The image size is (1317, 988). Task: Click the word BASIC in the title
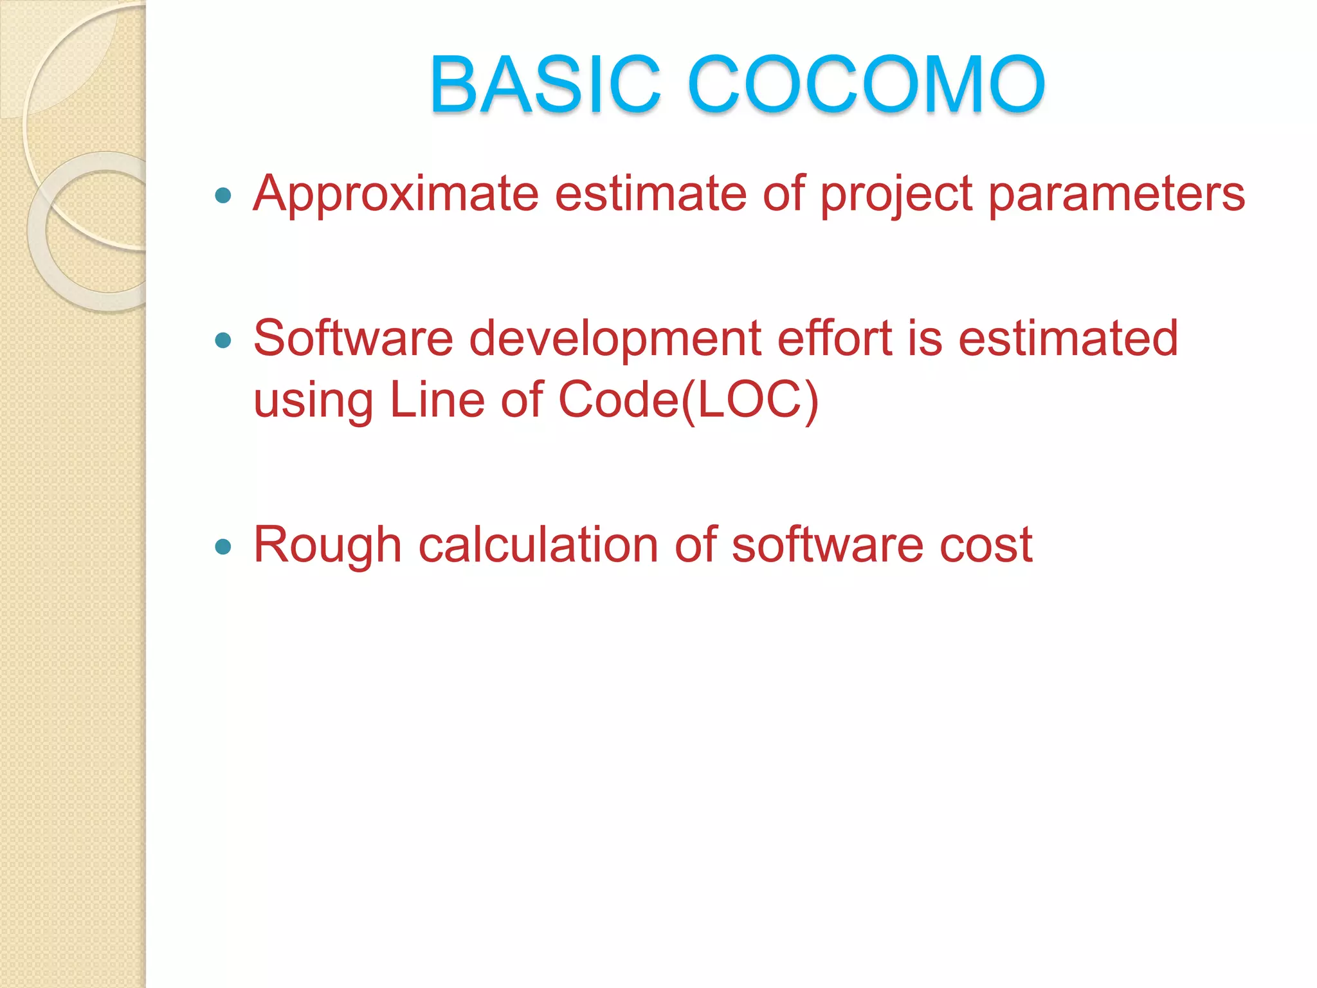pos(545,84)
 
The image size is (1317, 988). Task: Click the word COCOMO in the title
pos(866,84)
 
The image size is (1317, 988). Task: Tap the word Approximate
pos(395,194)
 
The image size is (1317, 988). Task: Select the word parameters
pos(1116,194)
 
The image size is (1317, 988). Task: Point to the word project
pos(896,194)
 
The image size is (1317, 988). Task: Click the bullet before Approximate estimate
pos(223,195)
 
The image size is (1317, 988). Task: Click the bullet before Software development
pos(223,340)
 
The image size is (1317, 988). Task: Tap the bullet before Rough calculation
pos(223,547)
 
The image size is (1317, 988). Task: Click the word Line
pos(437,400)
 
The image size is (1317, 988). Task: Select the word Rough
pos(327,545)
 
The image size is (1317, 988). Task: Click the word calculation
pos(538,545)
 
